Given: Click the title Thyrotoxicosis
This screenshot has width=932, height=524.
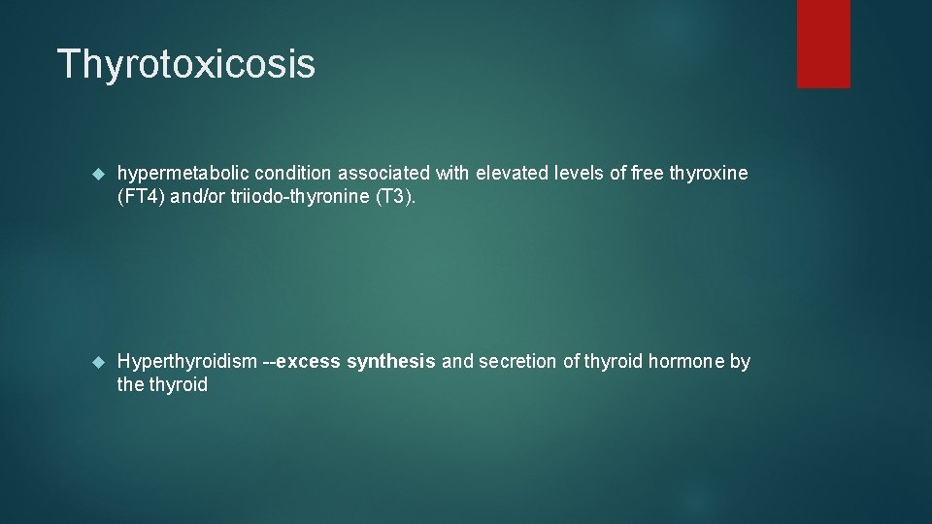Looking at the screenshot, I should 186,64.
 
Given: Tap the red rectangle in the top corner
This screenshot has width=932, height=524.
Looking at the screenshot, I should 823,44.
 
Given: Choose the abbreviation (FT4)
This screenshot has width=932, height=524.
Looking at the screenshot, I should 140,196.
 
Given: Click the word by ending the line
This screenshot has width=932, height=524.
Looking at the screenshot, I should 740,362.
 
